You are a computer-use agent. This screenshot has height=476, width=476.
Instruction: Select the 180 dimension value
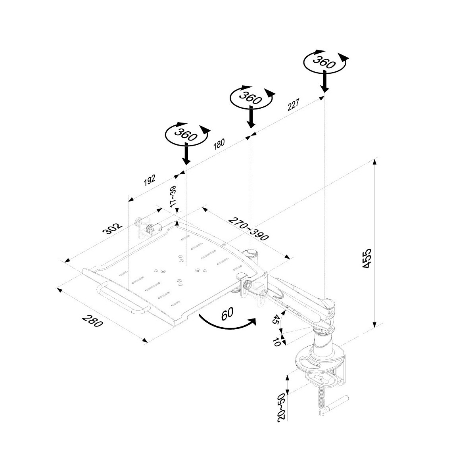(x=219, y=144)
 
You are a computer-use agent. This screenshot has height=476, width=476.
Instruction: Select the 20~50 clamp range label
(x=282, y=407)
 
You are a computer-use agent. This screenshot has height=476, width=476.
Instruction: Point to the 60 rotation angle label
(x=227, y=314)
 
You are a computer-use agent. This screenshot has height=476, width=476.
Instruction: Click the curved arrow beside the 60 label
(x=226, y=324)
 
